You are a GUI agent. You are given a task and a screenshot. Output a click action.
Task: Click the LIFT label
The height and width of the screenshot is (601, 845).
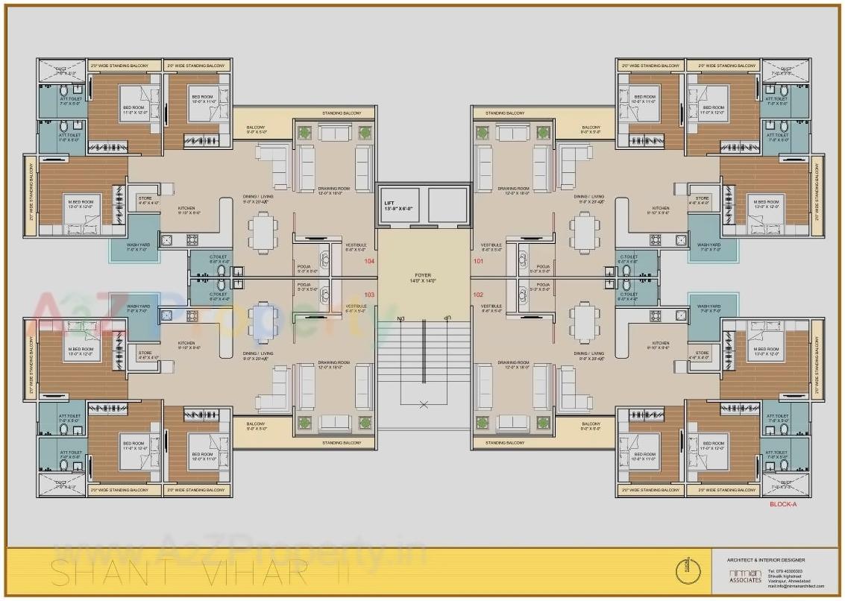(389, 203)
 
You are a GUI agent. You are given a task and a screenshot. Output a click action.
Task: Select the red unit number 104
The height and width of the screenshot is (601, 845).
(369, 262)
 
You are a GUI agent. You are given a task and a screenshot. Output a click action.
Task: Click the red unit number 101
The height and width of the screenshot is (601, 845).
(478, 262)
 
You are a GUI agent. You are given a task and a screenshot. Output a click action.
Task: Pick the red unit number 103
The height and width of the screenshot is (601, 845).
(369, 295)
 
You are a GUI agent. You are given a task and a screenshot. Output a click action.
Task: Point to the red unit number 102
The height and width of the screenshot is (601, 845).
(478, 295)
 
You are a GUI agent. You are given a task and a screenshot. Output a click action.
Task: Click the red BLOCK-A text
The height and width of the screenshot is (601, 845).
(783, 505)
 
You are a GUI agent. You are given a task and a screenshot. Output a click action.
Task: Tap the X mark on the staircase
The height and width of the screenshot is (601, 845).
(424, 405)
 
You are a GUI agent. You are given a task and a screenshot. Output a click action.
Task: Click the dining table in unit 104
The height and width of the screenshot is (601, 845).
(263, 230)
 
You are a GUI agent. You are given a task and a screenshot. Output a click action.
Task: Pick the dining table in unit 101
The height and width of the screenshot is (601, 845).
(584, 231)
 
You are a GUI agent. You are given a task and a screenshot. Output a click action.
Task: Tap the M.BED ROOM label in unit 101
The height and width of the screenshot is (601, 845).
(765, 203)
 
